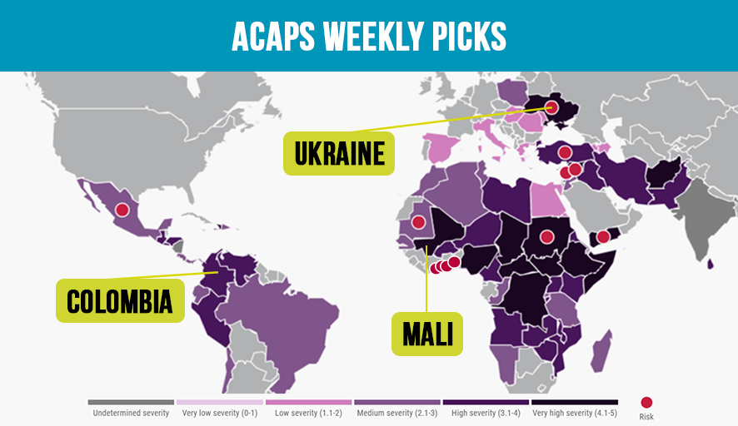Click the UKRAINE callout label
pyautogui.click(x=339, y=154)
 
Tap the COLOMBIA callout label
pyautogui.click(x=120, y=300)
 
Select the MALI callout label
pyautogui.click(x=427, y=334)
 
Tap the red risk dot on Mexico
pyautogui.click(x=122, y=210)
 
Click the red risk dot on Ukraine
pyautogui.click(x=551, y=106)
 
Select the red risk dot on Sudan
pyautogui.click(x=546, y=236)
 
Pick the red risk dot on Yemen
pyautogui.click(x=603, y=237)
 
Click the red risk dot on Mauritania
pyautogui.click(x=418, y=222)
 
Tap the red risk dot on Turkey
pyautogui.click(x=564, y=152)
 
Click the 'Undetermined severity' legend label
pyautogui.click(x=131, y=413)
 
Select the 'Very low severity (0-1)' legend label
pyautogui.click(x=220, y=413)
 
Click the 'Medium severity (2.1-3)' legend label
pyautogui.click(x=396, y=413)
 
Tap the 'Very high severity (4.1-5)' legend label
pyautogui.click(x=575, y=413)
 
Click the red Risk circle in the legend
pyautogui.click(x=646, y=403)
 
